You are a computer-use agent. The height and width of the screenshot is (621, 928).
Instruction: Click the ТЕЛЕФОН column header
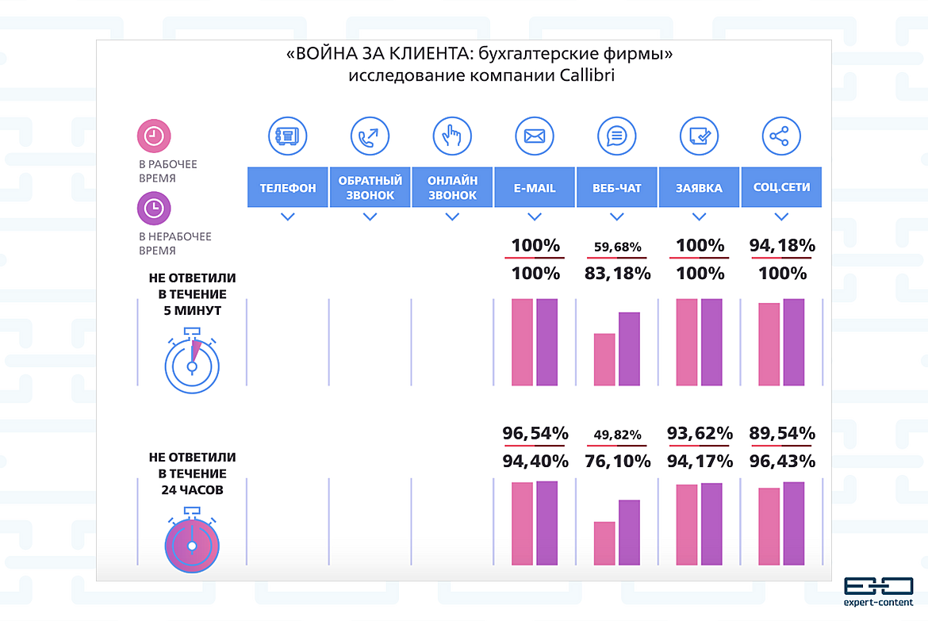tap(287, 188)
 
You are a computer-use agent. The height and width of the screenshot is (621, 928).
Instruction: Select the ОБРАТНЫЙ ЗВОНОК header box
tap(370, 188)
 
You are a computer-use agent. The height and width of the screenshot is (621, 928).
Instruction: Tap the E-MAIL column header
tap(535, 188)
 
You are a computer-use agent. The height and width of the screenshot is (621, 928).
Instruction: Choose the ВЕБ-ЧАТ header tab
tap(616, 188)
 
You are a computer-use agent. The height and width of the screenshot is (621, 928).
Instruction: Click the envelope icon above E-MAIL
tap(535, 136)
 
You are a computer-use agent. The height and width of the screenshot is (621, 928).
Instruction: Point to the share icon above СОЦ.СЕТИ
tap(781, 136)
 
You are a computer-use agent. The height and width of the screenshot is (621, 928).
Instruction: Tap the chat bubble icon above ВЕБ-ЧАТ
tap(616, 136)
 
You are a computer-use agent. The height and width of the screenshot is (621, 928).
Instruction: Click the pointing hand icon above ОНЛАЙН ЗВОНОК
tap(452, 136)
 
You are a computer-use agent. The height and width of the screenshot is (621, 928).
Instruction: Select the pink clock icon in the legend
tap(154, 136)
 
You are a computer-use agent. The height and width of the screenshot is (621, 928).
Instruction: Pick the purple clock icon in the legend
tap(154, 209)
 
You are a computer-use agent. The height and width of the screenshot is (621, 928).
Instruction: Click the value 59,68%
tap(617, 247)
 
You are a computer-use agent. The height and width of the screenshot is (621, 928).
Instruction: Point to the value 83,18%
tap(617, 274)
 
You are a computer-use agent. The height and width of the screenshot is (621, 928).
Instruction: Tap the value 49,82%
tap(617, 435)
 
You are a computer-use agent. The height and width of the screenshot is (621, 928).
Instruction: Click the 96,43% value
tap(781, 461)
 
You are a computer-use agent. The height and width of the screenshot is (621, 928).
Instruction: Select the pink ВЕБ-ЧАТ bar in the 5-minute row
tap(604, 359)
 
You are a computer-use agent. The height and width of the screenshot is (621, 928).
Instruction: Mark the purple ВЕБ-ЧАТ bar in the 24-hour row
tap(629, 532)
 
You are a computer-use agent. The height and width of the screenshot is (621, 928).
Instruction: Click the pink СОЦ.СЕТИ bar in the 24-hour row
tap(769, 527)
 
